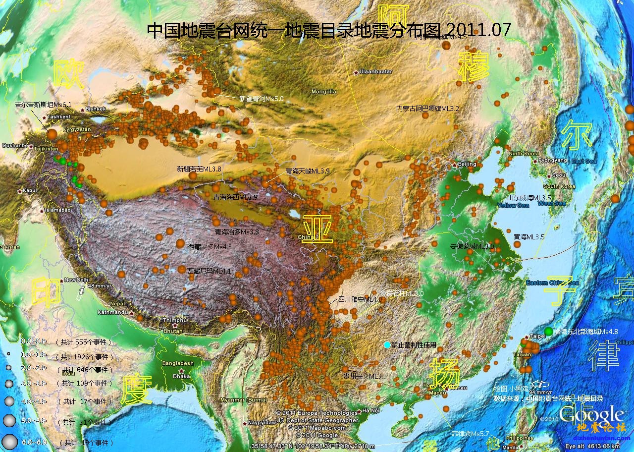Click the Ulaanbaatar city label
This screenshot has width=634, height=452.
[x=375, y=71]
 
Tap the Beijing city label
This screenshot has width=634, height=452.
[x=467, y=164]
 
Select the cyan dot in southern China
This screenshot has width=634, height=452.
[x=387, y=344]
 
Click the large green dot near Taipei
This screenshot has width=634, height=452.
[x=548, y=331]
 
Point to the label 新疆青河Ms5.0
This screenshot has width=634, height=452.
[x=261, y=99]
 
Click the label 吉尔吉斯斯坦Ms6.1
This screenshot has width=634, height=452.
[x=43, y=105]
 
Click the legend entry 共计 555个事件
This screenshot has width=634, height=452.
[x=85, y=342]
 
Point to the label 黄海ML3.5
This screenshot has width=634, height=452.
[x=529, y=237]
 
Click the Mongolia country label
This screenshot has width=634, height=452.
[x=323, y=91]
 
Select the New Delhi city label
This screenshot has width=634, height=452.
[x=76, y=280]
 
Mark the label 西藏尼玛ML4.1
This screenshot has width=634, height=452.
[x=209, y=271]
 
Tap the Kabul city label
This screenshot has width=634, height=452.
[x=29, y=190]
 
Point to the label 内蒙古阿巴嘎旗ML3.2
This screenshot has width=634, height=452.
[x=427, y=108]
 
